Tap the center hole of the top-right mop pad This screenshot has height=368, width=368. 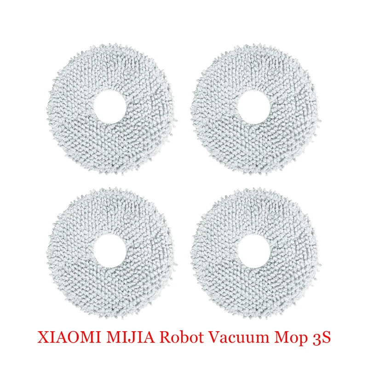click(x=252, y=109)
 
